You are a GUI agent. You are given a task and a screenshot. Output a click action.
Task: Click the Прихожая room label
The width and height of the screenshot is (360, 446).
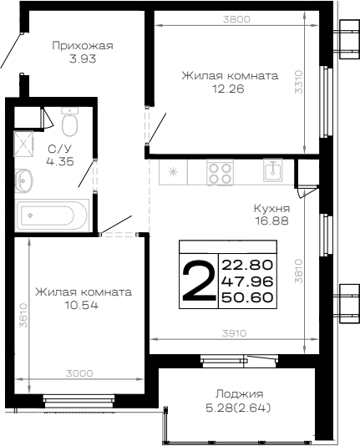83,46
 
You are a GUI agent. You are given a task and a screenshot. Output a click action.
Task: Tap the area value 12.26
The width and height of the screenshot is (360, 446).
228,89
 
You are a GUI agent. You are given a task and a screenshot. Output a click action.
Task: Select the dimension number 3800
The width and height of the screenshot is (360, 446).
236,19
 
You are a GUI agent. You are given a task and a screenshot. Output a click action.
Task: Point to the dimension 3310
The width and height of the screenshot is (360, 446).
299,82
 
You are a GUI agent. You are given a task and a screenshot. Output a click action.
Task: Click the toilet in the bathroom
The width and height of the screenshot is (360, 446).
69,122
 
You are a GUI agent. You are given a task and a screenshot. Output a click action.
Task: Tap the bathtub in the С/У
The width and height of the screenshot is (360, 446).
53,215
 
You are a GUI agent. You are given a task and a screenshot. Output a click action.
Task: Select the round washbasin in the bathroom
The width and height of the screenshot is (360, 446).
24,180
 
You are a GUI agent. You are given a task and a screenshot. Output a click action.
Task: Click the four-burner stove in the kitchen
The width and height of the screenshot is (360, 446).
221,173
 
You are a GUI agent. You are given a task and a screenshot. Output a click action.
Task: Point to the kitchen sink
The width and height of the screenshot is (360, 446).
273,170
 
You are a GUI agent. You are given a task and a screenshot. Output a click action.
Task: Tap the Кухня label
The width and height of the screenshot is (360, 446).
271,209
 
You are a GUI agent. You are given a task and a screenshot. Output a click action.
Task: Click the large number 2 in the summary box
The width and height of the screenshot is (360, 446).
199,281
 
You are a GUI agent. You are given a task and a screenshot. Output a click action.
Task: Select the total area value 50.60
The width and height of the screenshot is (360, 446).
247,297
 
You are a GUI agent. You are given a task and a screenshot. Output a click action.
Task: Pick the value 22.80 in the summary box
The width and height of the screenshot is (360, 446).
247,265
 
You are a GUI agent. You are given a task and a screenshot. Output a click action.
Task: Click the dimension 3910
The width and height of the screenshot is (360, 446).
234,333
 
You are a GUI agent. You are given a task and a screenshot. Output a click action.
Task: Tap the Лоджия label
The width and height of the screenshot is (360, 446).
239,394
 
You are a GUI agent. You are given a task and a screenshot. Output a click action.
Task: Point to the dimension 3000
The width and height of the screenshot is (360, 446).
79,373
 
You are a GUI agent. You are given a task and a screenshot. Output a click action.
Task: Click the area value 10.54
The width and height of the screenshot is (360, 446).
82,306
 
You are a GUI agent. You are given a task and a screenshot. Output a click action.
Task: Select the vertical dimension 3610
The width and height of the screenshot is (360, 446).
23,316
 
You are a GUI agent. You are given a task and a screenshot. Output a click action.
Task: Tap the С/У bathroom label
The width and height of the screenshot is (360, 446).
59,149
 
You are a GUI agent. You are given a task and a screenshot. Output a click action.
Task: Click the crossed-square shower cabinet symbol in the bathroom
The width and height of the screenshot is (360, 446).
24,144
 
